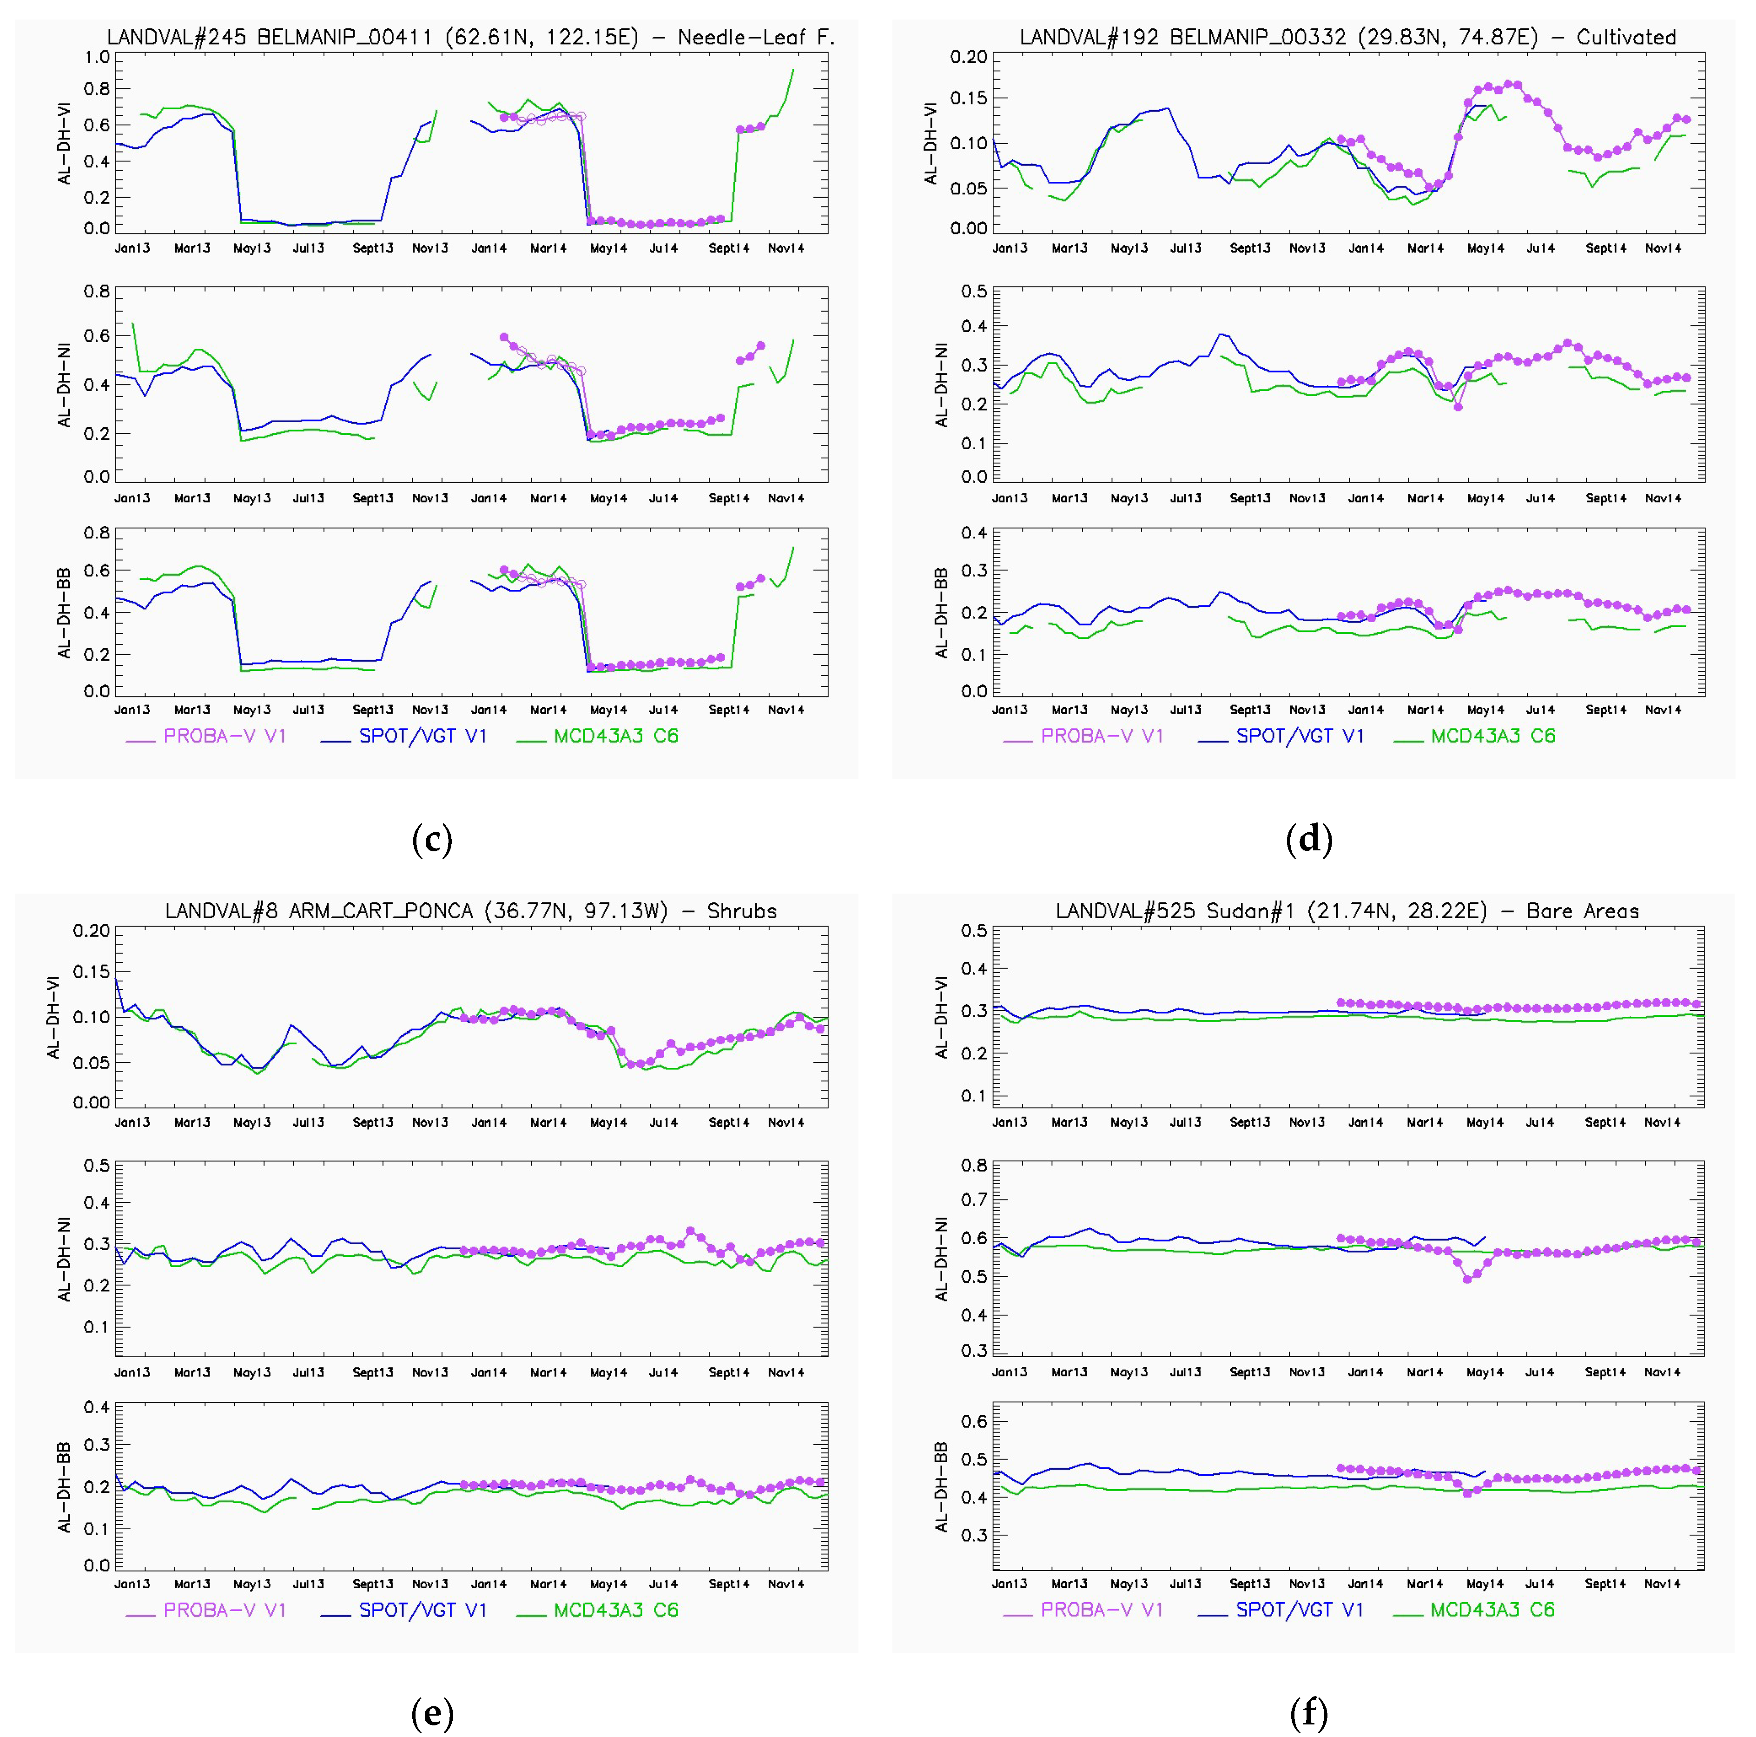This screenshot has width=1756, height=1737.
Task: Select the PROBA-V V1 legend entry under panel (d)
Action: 1101,736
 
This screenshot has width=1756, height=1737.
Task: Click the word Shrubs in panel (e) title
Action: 742,911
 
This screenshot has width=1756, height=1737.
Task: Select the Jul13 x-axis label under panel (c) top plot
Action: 308,248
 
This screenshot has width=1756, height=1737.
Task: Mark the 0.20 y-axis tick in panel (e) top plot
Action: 91,931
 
